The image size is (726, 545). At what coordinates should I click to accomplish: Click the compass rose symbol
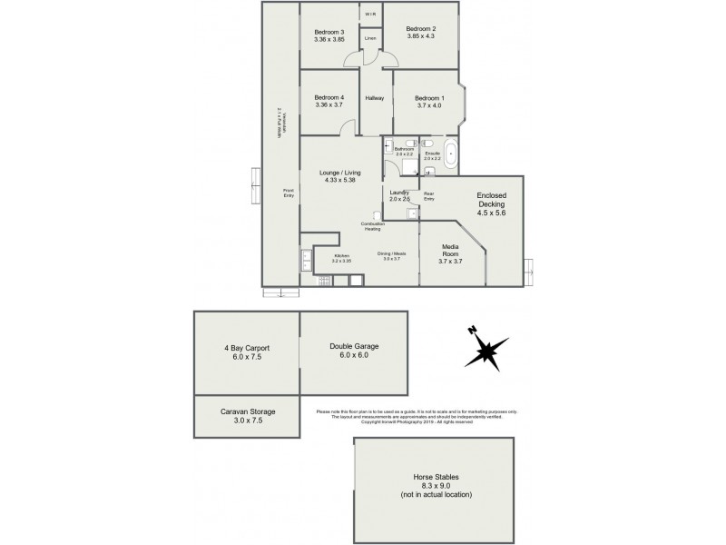pos(487,349)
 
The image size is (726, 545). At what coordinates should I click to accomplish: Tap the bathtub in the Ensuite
pos(451,156)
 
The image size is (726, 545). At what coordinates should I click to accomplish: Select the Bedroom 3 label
pos(329,32)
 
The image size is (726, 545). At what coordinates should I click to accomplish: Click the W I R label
pos(370,15)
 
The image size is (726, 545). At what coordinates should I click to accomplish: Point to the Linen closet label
pos(370,39)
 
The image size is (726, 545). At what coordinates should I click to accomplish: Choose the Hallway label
pos(374,98)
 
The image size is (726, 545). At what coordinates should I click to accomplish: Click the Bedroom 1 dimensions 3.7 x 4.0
pos(429,105)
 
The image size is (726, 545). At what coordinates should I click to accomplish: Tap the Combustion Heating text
pos(373,227)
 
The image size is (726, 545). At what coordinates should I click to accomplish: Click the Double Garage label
pos(354,347)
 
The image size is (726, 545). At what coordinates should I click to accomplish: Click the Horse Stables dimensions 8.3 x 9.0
pos(435,485)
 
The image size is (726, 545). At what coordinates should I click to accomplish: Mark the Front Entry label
pos(288,192)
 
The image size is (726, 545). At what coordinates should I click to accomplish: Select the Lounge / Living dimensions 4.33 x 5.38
pos(338,180)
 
